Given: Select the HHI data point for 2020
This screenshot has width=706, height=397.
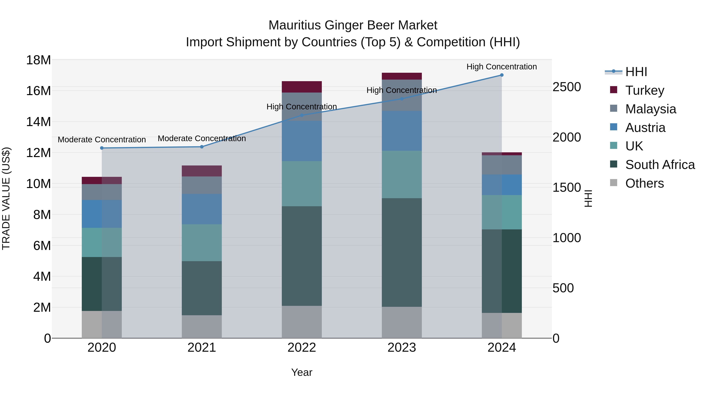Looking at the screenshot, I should pyautogui.click(x=102, y=148).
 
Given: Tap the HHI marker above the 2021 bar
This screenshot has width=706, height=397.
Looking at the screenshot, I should pyautogui.click(x=202, y=147).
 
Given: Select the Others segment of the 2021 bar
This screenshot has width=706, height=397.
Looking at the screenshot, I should pyautogui.click(x=202, y=327).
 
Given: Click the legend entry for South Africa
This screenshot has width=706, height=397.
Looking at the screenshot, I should pyautogui.click(x=660, y=165).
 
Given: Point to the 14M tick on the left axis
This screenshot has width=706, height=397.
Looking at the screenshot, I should pyautogui.click(x=38, y=122).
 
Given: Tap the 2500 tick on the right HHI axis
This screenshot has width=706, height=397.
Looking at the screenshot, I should pyautogui.click(x=567, y=87).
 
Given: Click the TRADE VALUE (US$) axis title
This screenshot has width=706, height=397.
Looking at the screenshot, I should pyautogui.click(x=6, y=198).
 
